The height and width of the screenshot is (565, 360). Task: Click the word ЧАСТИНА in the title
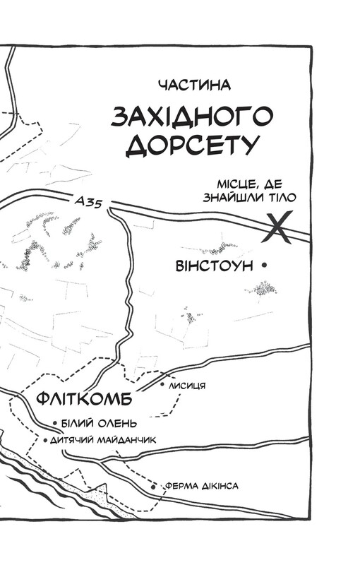(196, 85)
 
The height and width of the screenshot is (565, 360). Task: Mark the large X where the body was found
(281, 228)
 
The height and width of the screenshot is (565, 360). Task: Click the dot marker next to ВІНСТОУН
(264, 266)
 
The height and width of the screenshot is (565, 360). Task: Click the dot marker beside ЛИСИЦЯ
(162, 386)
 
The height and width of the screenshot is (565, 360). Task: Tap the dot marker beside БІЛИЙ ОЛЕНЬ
(55, 424)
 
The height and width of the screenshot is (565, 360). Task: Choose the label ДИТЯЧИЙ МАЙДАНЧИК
(102, 439)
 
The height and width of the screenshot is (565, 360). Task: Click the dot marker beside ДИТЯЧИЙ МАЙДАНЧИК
(45, 440)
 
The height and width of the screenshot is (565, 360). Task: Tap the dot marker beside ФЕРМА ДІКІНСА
(153, 487)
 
